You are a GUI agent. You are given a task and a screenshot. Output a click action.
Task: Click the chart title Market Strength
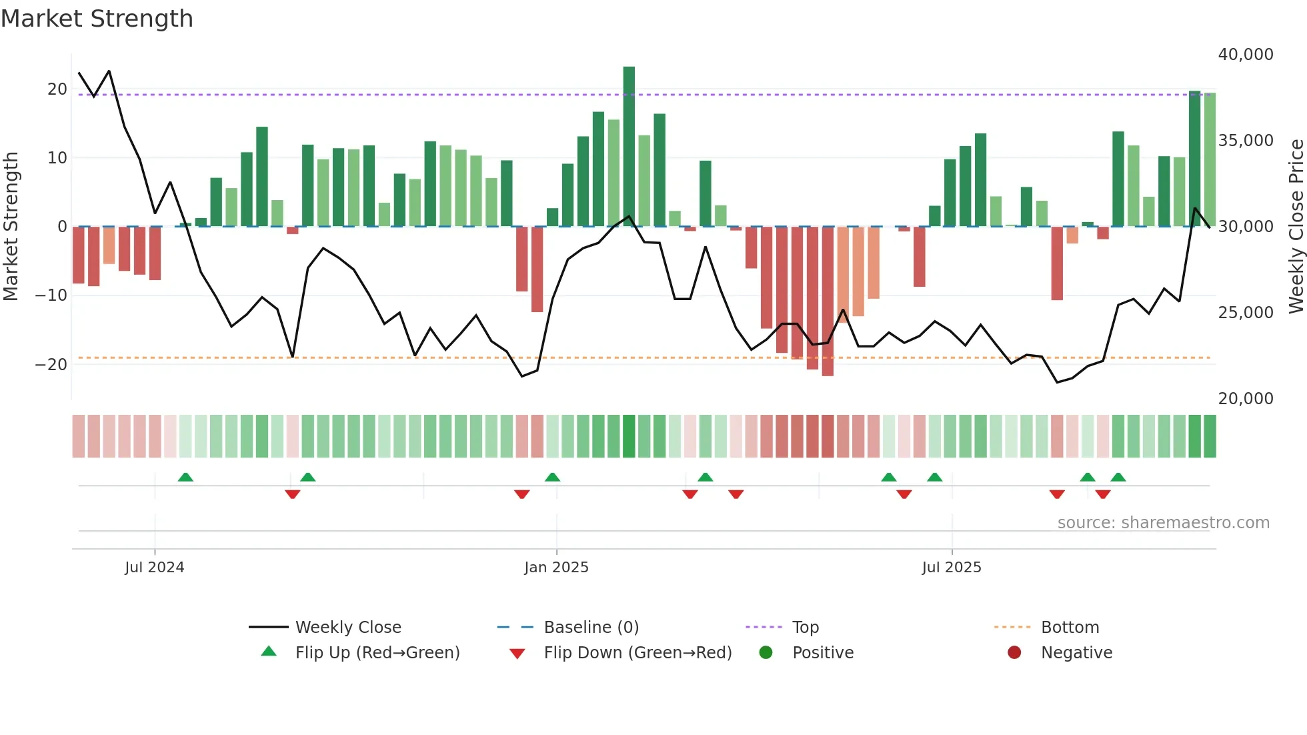click(97, 19)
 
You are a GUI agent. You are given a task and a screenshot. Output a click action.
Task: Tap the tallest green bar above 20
click(629, 146)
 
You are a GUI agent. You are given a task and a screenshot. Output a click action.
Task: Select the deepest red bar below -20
click(828, 301)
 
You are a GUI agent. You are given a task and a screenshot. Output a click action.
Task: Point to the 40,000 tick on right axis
click(1245, 55)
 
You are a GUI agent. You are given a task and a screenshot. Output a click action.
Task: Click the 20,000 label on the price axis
click(1245, 399)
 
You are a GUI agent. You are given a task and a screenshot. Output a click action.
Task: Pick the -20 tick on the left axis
click(51, 364)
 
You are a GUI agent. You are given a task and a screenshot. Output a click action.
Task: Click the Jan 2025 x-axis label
click(556, 568)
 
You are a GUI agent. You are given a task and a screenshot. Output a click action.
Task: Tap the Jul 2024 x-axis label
click(154, 568)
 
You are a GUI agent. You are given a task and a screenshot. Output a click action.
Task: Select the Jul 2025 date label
click(952, 568)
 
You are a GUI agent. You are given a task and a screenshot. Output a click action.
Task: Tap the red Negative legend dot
click(1014, 653)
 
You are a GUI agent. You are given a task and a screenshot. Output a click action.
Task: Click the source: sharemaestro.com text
click(1163, 523)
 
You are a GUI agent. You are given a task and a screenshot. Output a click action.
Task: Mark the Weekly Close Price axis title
click(1296, 227)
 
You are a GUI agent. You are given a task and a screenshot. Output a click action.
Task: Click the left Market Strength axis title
click(11, 227)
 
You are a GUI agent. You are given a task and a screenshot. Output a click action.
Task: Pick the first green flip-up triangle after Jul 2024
click(185, 477)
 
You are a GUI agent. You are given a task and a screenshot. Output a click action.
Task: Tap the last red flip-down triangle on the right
click(1103, 494)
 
